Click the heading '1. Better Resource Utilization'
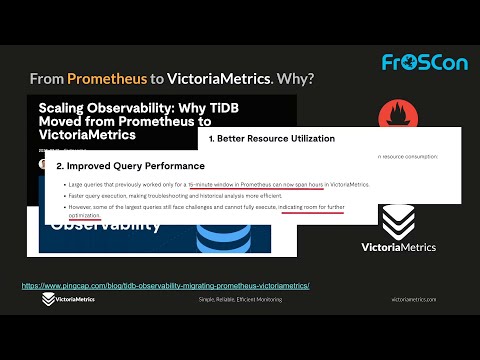272,138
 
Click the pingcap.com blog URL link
166,286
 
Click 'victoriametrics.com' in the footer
414,299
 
